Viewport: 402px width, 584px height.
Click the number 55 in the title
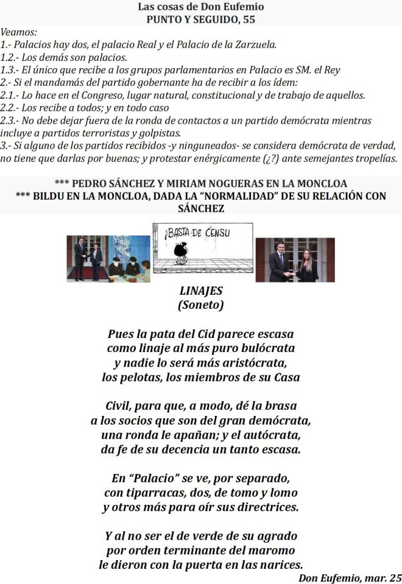click(247, 19)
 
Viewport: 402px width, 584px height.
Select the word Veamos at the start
click(19, 32)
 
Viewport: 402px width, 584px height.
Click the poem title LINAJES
click(201, 291)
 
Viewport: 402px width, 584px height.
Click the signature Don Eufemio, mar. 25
click(350, 576)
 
